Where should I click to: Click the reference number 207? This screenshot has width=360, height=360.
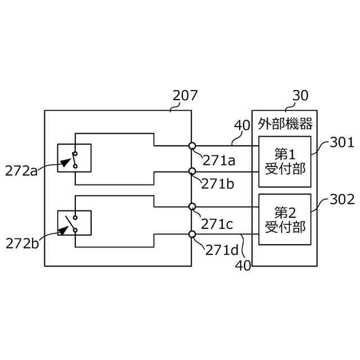tap(185, 95)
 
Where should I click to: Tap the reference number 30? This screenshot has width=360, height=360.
tap(300, 95)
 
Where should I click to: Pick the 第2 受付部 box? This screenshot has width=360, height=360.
tap(285, 219)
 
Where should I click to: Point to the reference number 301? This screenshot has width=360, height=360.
tap(341, 143)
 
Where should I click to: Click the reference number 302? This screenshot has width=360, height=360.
tap(341, 199)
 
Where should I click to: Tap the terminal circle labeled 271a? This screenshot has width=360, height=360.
tap(192, 146)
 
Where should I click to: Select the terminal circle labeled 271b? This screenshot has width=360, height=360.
tap(192, 171)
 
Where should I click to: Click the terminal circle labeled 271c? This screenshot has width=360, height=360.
tap(192, 206)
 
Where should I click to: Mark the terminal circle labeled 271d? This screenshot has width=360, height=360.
tap(192, 234)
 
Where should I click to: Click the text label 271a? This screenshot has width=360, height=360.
tap(219, 160)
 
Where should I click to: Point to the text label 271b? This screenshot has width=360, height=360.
tap(219, 184)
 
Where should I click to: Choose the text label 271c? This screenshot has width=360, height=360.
tap(217, 223)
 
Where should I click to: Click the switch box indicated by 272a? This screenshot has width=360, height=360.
tap(74, 157)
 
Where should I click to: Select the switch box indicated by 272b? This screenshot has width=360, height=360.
tap(74, 223)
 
